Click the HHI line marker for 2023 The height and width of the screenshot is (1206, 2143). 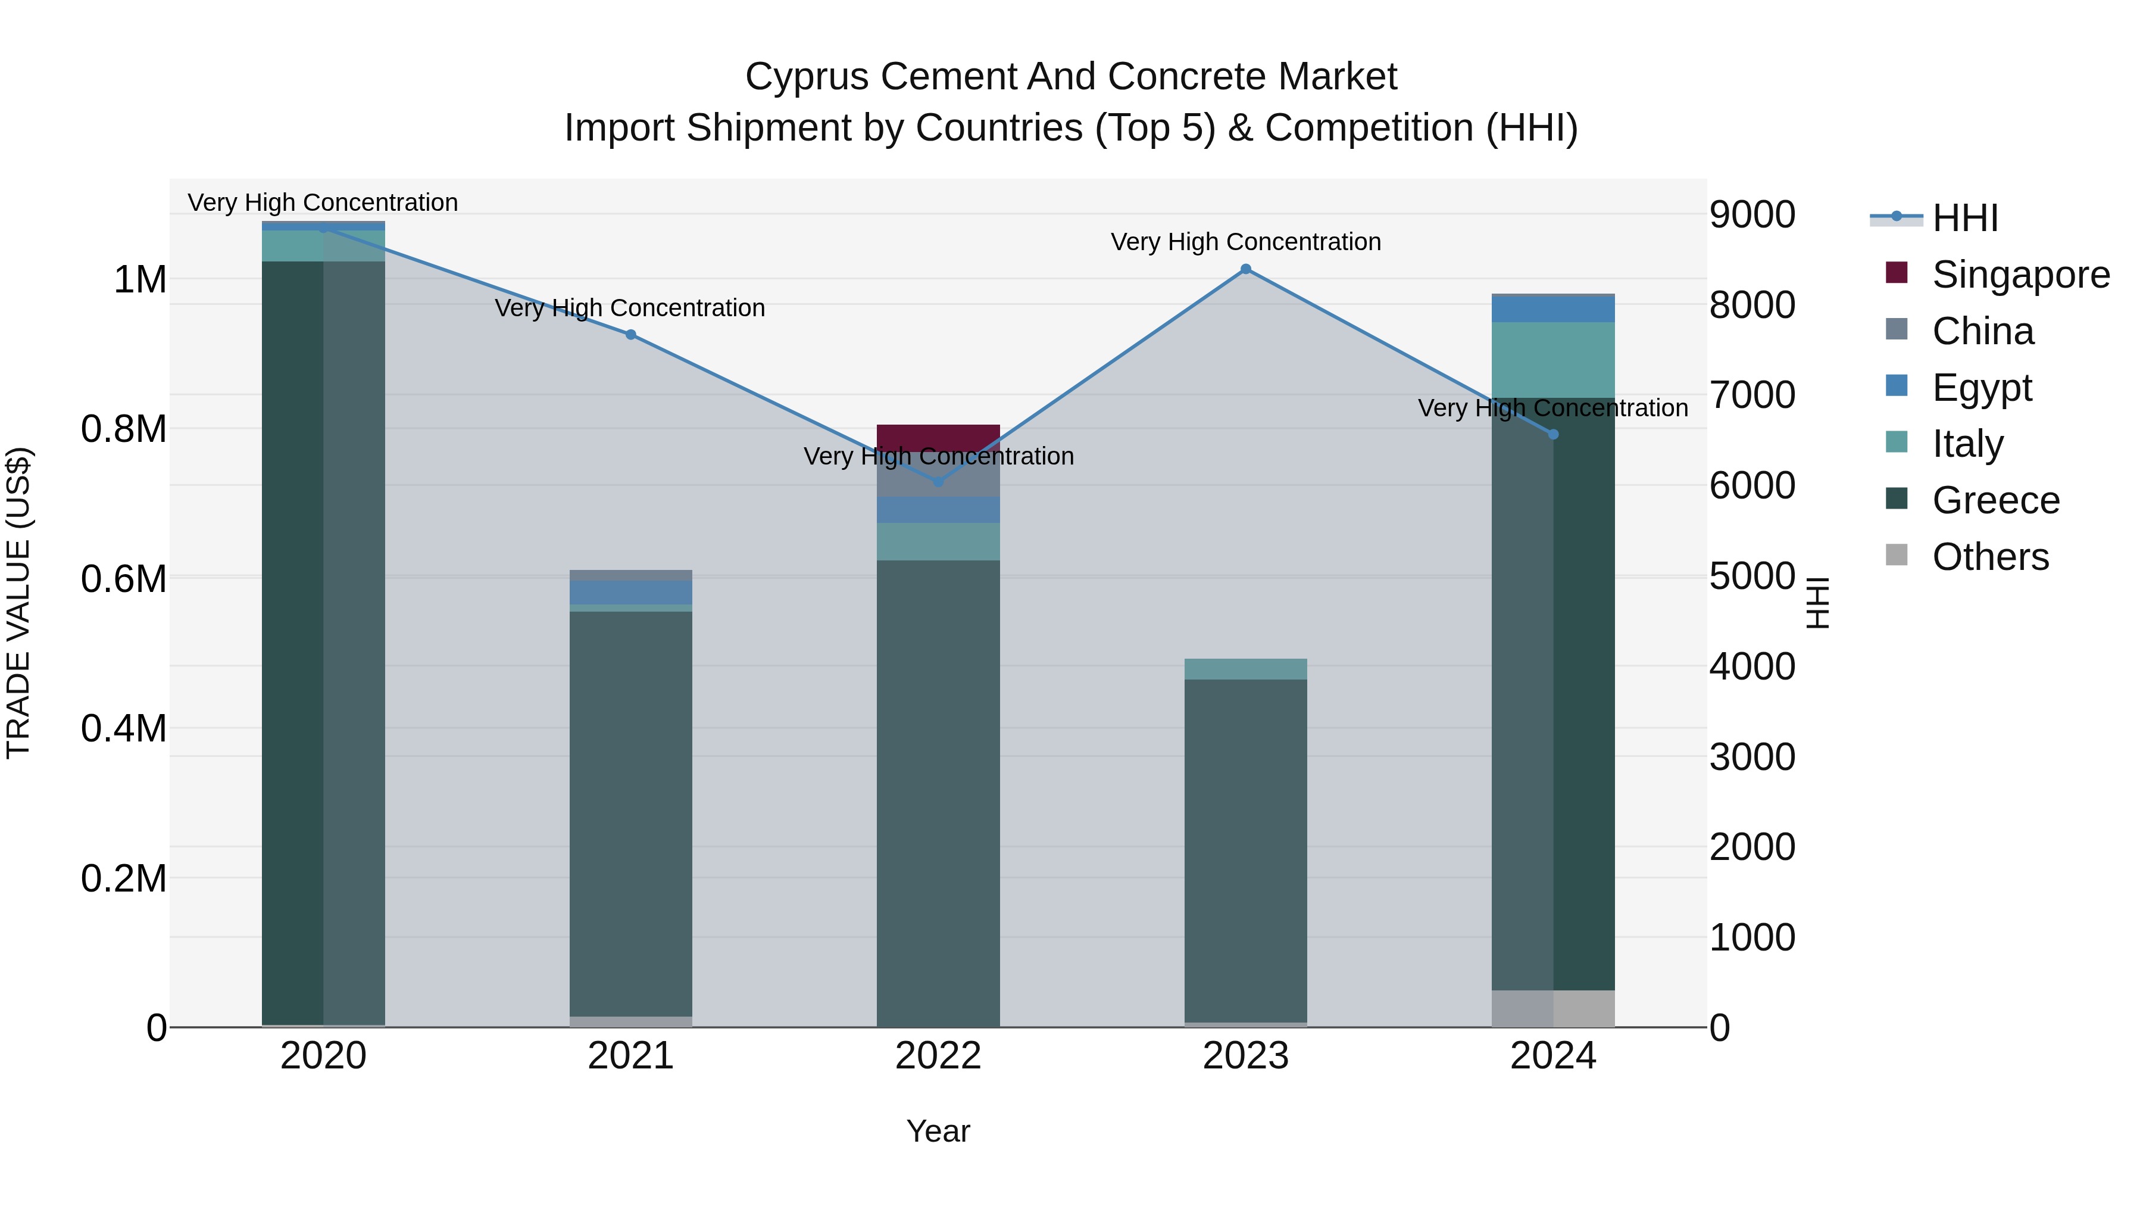(x=1245, y=269)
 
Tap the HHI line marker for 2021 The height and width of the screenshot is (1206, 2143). (x=630, y=335)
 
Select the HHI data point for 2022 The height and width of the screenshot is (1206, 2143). (x=938, y=482)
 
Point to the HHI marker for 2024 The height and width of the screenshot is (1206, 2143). (x=1553, y=435)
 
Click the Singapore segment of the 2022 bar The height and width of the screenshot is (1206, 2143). (x=938, y=438)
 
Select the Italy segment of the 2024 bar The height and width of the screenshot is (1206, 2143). (x=1553, y=360)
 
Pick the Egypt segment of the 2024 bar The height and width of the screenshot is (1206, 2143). (x=1553, y=310)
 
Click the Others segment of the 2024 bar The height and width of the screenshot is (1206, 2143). (x=1553, y=1009)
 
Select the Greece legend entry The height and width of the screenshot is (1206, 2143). (x=1995, y=500)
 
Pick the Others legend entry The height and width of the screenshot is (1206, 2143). (x=1990, y=557)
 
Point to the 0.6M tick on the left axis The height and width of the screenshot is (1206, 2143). (x=124, y=578)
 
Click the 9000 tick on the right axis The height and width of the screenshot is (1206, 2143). (x=1752, y=215)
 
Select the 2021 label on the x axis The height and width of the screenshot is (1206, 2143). (x=630, y=1056)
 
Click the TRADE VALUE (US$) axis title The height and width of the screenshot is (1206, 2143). (x=19, y=603)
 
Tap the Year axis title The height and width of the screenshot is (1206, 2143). (x=938, y=1131)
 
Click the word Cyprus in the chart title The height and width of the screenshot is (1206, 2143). (x=807, y=77)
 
